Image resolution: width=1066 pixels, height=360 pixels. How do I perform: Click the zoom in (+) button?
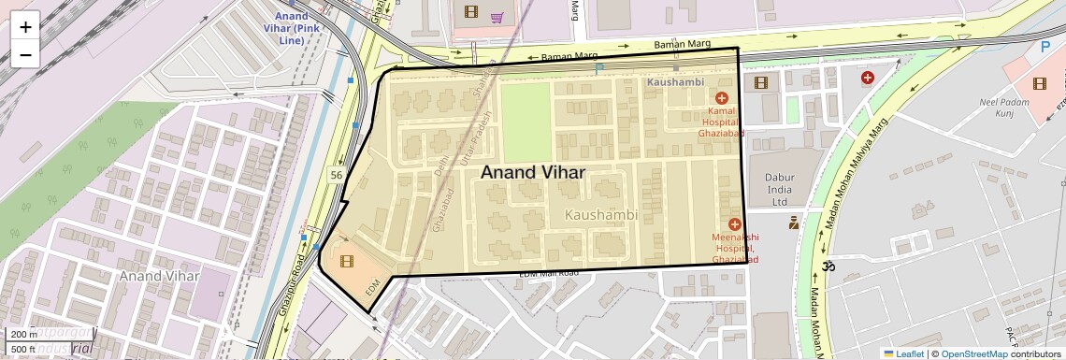(25, 26)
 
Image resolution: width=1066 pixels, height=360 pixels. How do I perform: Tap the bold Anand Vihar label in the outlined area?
(532, 173)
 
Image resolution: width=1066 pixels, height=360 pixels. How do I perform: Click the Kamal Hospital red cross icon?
(721, 98)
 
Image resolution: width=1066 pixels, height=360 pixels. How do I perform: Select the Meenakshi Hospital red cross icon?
(734, 224)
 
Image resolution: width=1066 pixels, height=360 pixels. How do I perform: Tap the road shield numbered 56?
(335, 175)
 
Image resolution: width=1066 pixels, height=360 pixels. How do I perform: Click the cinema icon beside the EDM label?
(347, 261)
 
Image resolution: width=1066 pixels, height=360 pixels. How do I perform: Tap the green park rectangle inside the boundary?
(527, 122)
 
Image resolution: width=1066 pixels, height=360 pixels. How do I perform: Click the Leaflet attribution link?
(903, 353)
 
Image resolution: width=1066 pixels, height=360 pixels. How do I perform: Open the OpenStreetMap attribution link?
(973, 353)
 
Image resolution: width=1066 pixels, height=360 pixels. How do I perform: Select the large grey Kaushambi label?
(601, 215)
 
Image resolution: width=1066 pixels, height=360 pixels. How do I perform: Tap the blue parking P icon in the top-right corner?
(1044, 46)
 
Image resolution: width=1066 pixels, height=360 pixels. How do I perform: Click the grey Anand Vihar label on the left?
(159, 276)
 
